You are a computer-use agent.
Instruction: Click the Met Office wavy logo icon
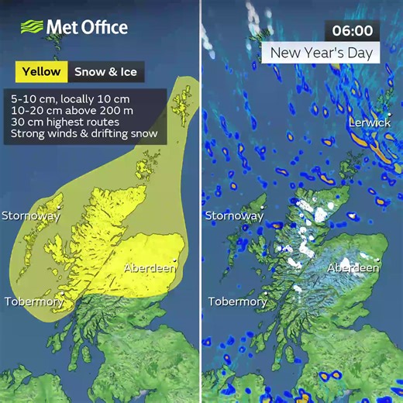31,27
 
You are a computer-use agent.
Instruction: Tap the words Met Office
87,27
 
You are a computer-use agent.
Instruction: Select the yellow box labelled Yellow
42,72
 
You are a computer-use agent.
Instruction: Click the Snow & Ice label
105,72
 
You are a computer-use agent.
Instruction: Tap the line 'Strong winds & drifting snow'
84,134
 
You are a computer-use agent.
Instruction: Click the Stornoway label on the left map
30,216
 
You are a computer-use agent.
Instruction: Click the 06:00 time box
353,31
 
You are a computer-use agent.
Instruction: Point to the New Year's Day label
321,53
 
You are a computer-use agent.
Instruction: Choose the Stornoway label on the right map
233,216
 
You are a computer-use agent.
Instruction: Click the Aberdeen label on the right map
353,268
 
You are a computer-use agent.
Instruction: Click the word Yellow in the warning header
42,72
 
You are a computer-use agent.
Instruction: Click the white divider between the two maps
201,201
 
